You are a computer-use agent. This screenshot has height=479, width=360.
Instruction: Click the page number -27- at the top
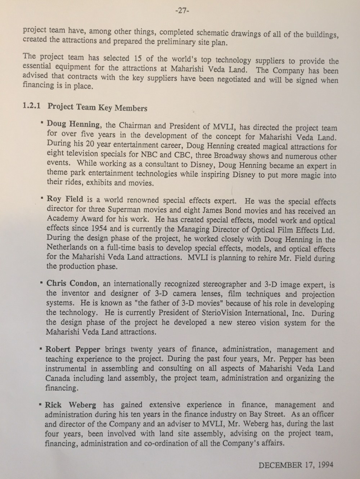[x=182, y=10]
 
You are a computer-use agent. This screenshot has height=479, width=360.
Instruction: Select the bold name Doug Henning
[x=73, y=125]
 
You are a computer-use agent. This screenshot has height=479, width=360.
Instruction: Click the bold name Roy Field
[x=65, y=198]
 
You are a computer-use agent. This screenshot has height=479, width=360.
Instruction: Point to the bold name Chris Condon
[x=72, y=283]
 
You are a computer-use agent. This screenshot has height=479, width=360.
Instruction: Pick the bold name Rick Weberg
[x=70, y=405]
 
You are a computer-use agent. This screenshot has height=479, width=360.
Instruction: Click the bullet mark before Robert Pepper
[x=42, y=349]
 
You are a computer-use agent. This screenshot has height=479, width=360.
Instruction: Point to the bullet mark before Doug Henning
[x=43, y=123]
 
